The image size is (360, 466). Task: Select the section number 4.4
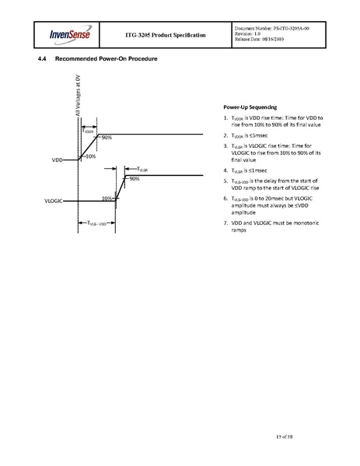[44, 61]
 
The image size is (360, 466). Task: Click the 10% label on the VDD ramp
[90, 156]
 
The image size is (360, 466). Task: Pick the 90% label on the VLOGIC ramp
[134, 179]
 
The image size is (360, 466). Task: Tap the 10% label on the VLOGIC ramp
[107, 198]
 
